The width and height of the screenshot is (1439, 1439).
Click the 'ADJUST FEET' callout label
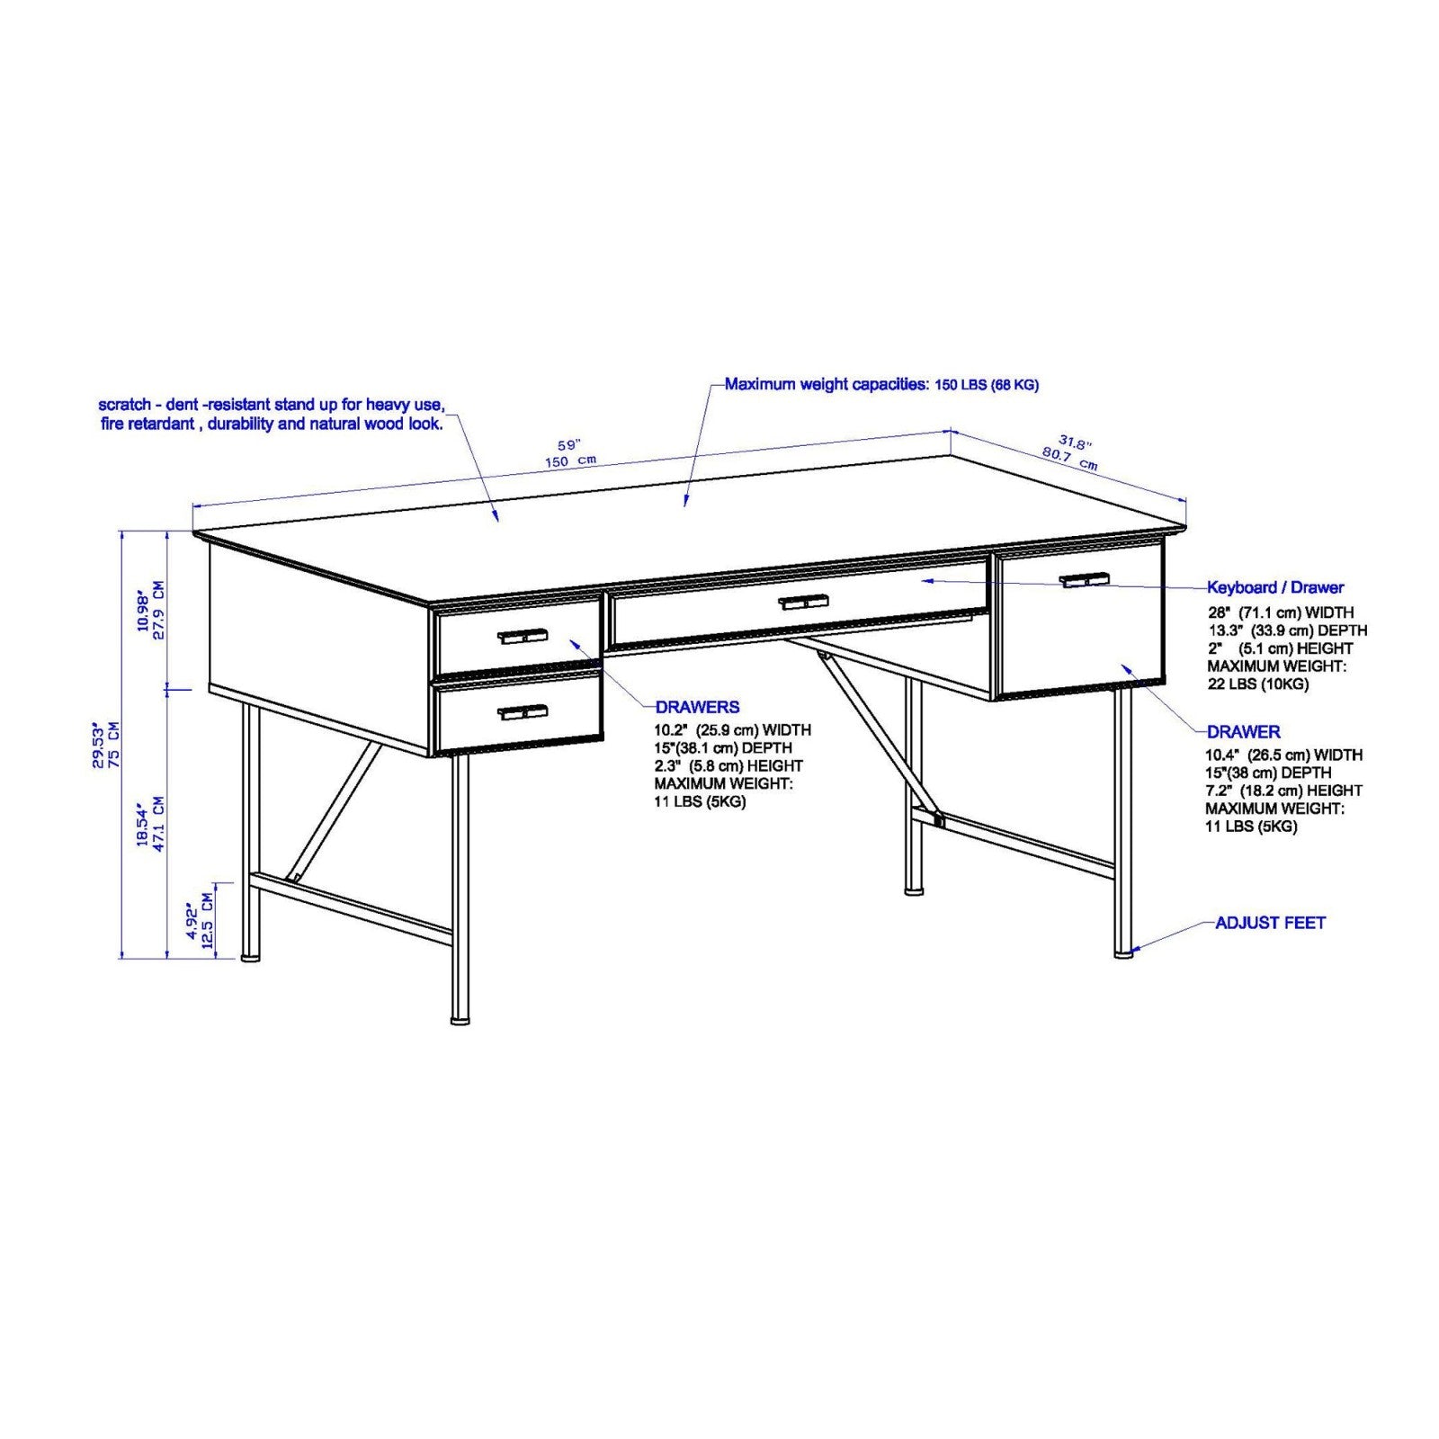1269,923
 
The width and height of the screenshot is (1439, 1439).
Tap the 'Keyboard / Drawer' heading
1274,587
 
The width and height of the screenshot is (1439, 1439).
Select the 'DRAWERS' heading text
697,707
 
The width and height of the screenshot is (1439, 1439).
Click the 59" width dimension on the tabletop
569,446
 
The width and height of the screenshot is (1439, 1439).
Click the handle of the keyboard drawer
802,602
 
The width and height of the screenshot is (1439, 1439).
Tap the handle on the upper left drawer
523,636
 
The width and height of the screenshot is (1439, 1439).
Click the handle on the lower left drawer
523,712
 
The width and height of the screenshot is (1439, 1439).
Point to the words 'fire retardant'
148,424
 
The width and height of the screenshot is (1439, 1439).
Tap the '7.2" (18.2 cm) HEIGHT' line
1283,791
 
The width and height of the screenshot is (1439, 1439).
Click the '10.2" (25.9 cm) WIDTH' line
732,730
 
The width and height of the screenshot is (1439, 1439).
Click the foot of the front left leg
460,1021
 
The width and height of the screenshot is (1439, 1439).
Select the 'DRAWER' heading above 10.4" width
1243,732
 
